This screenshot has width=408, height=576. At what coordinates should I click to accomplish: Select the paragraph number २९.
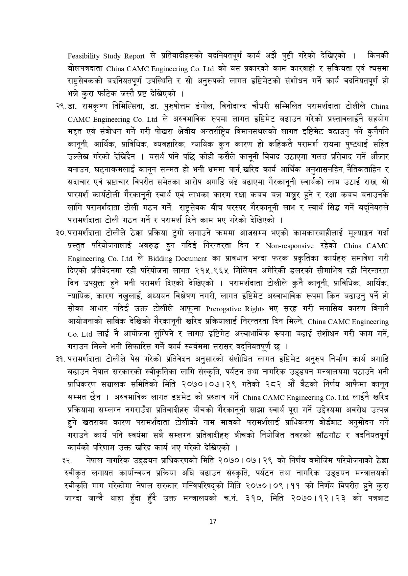pos(60,107)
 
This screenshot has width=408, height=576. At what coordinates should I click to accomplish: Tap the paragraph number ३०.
pos(60,233)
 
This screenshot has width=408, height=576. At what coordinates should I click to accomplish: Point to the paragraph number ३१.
pos(60,359)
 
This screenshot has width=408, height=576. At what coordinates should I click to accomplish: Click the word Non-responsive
pos(290,246)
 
